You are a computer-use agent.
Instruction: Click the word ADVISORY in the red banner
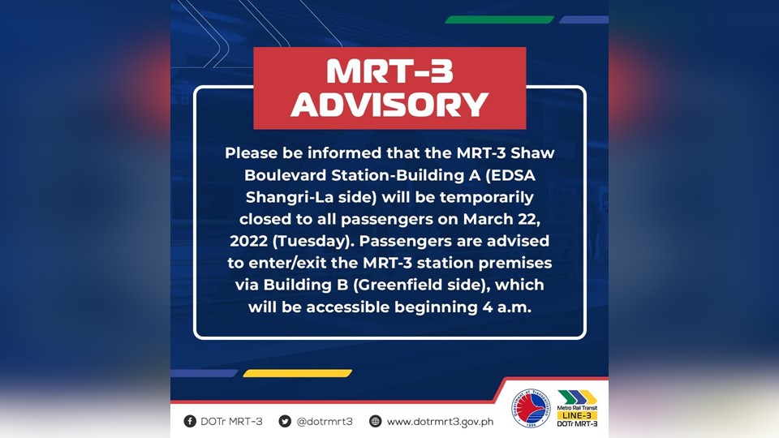pos(389,104)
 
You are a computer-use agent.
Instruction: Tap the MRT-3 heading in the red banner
pos(389,71)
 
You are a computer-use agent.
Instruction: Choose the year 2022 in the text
pos(251,241)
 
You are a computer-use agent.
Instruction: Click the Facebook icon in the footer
pos(190,421)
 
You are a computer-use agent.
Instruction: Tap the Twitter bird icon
pos(285,421)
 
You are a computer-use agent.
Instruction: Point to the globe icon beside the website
pos(375,421)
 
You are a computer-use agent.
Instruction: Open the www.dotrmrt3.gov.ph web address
pos(440,421)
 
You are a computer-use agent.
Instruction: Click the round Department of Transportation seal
pos(531,409)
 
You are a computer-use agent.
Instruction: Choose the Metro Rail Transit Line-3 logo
pos(578,409)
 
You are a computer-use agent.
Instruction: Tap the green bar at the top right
pos(500,19)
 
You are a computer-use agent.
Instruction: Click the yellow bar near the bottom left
pos(297,373)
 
